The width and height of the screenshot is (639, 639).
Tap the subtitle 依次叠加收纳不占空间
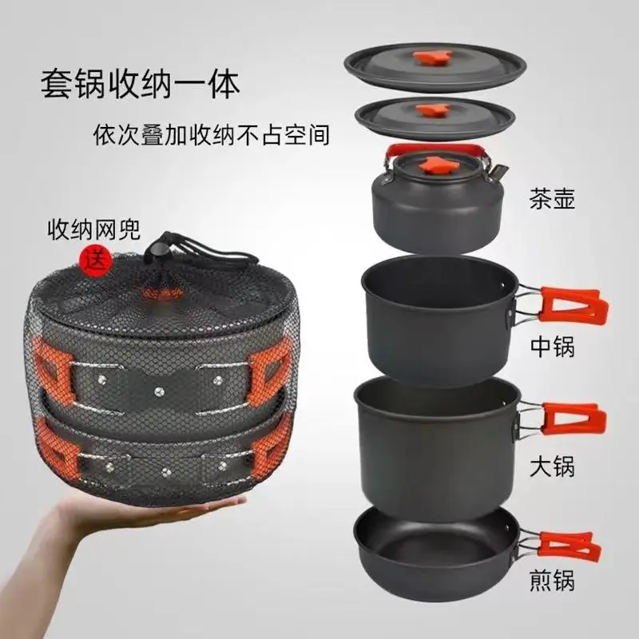point(209,134)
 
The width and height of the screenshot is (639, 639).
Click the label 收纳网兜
point(93,232)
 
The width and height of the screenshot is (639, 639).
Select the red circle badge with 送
point(92,258)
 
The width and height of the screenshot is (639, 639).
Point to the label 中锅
point(552,346)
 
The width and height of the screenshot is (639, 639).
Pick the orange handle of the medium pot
point(570,304)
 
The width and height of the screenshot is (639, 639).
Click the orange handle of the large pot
point(570,418)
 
